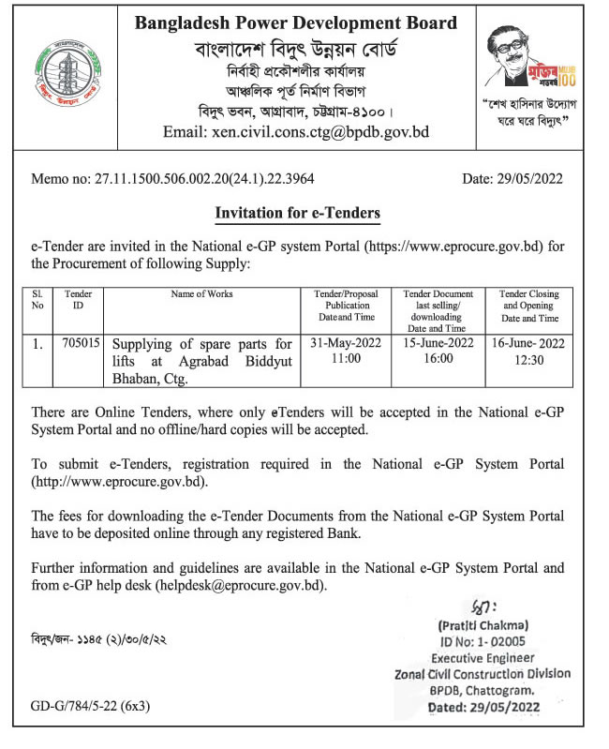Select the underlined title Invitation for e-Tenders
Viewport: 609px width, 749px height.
pos(298,214)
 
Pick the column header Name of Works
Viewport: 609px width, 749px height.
pos(202,293)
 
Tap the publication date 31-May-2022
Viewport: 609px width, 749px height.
pos(348,344)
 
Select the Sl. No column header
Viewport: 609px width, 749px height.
pos(38,299)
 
